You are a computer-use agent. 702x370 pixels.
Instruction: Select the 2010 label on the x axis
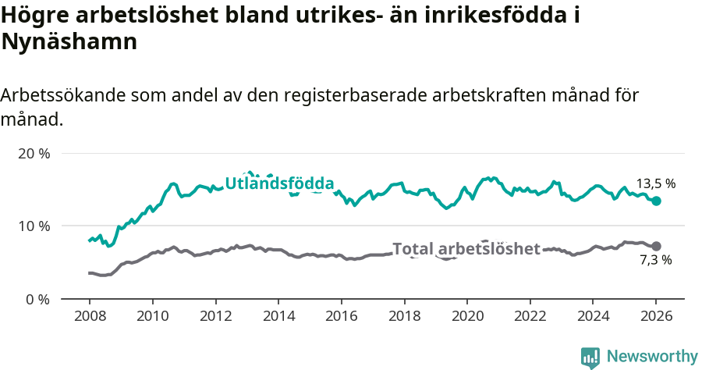coord(152,317)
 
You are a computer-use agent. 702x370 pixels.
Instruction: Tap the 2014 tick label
coord(278,317)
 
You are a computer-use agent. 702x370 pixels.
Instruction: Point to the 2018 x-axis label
coord(404,317)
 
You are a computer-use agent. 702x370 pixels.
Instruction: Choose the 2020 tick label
coord(467,317)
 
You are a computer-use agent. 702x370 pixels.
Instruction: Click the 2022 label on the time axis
coord(530,317)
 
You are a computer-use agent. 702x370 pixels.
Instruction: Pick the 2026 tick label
coord(656,317)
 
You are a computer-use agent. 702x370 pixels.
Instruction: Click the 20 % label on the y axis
coord(34,154)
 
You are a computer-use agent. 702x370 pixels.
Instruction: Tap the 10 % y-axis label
coord(34,226)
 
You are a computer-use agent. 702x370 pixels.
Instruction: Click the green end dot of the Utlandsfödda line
coord(656,201)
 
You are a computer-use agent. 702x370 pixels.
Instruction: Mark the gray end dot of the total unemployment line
coord(656,246)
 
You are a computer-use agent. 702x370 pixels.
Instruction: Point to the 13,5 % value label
coord(655,184)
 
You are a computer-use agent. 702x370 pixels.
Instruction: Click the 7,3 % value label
coord(655,261)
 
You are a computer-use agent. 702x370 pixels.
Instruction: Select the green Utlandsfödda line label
coord(279,183)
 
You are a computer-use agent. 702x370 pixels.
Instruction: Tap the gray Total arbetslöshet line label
coord(466,249)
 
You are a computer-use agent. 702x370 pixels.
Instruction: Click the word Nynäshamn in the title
coord(69,42)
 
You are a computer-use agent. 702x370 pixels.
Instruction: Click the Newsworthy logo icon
coord(590,358)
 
